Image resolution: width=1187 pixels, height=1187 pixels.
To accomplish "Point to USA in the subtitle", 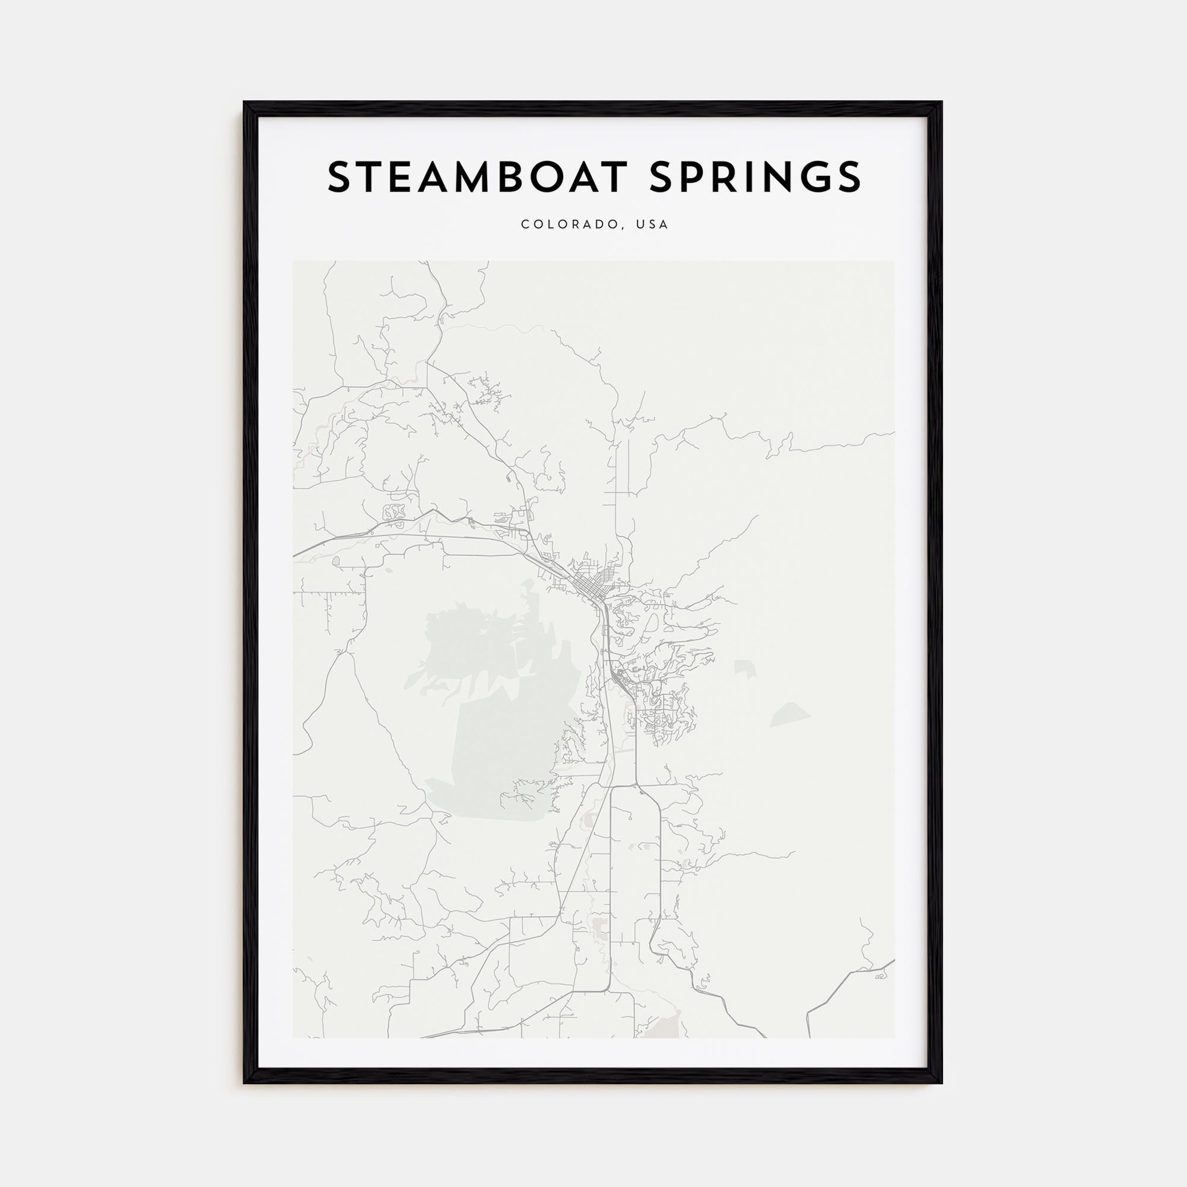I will (652, 225).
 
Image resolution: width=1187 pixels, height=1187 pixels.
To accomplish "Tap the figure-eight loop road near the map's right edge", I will (880, 976).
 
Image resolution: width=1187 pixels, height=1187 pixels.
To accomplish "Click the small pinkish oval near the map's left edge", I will (336, 560).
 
